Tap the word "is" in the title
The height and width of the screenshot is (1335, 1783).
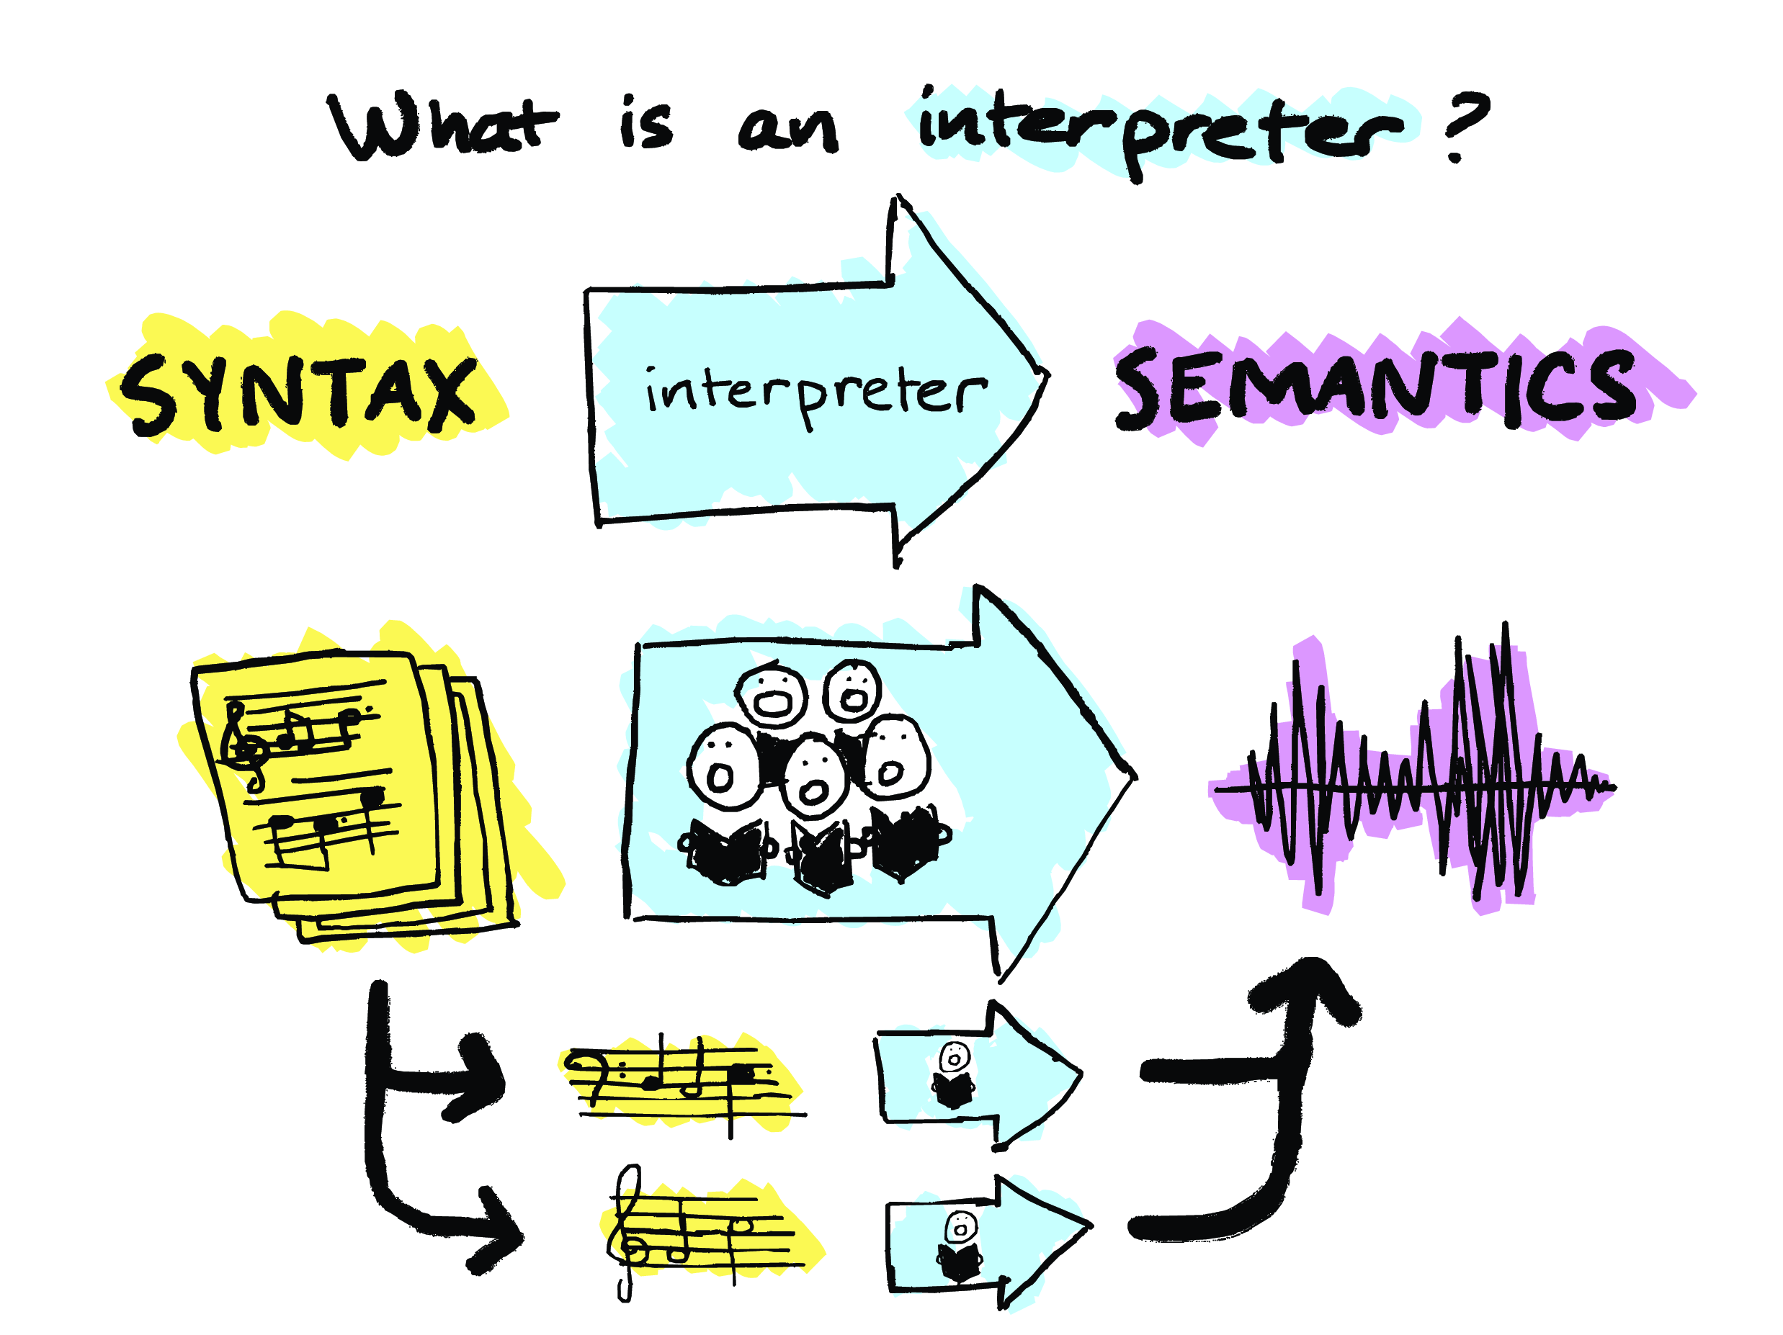pos(645,125)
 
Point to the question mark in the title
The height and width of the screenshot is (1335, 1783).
pos(1463,125)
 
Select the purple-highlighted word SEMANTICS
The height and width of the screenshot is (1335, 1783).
pos(1375,387)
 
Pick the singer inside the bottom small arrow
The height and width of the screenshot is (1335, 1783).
pos(959,1246)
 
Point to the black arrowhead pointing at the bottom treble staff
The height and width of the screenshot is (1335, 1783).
pos(496,1229)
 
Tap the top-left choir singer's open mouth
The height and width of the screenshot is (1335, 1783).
pos(773,703)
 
